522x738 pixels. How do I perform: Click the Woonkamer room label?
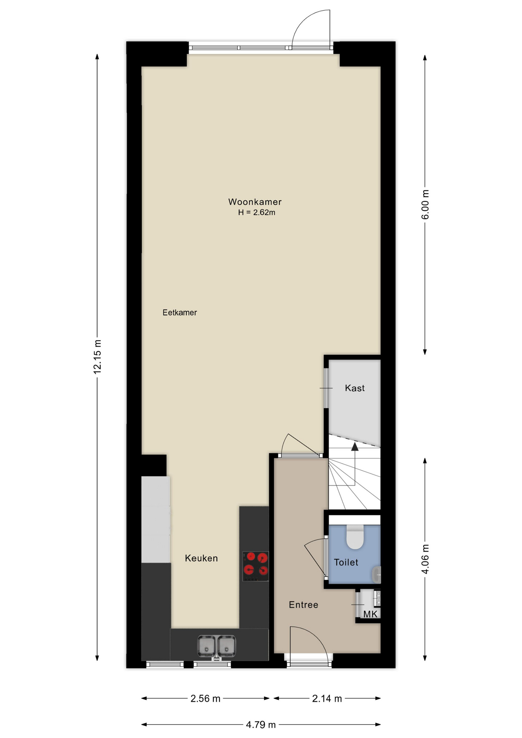(255, 202)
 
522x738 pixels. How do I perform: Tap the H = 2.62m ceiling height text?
(256, 212)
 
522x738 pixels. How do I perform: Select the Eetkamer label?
(180, 312)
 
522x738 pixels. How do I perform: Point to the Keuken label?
(201, 558)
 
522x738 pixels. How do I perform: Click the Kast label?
(354, 388)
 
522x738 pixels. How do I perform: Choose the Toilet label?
(346, 562)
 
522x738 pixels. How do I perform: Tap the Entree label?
(303, 605)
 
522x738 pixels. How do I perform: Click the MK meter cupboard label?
(370, 614)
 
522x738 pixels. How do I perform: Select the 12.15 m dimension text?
(97, 357)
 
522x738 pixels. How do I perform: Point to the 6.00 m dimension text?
(425, 205)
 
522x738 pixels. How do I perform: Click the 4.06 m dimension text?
(425, 559)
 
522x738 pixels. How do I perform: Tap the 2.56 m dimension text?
(205, 698)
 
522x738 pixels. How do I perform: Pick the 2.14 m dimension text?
(327, 698)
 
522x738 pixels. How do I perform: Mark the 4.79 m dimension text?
(261, 725)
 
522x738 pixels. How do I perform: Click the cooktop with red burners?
(256, 566)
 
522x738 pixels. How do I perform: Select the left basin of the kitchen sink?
(206, 646)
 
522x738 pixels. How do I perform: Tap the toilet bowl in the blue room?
(355, 537)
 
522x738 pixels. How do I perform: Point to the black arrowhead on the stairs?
(354, 446)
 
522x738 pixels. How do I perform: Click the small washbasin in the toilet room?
(377, 574)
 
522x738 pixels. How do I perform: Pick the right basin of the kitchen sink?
(226, 646)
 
